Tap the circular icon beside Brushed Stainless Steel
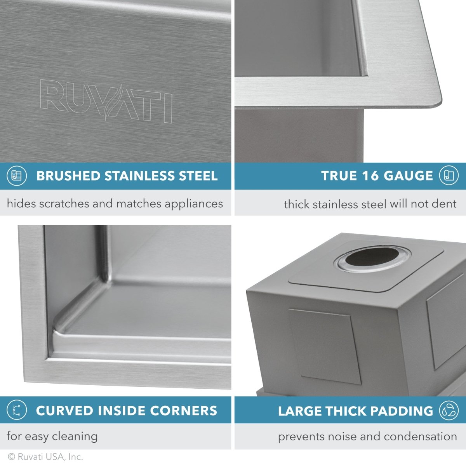point(17,176)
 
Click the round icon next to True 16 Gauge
point(449,176)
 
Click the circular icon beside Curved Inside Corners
point(17,410)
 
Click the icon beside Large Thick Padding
point(449,410)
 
